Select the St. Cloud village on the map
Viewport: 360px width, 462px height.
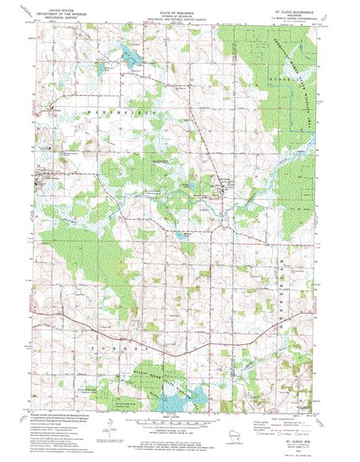[x=219, y=181]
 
